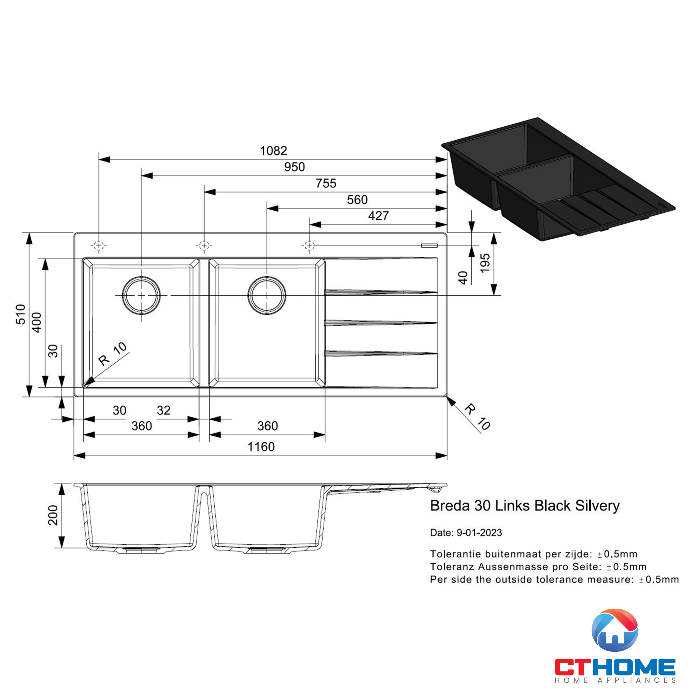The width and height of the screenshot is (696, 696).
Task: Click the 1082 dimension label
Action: click(x=274, y=151)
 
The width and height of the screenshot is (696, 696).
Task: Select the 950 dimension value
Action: click(x=294, y=167)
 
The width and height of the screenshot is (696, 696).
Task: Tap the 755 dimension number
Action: click(x=326, y=183)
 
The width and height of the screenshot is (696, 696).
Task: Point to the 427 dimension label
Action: click(x=378, y=216)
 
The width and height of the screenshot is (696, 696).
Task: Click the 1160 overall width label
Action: click(x=261, y=447)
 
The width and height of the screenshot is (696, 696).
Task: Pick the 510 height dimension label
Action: click(x=21, y=314)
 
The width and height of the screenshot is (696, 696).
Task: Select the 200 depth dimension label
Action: click(x=53, y=515)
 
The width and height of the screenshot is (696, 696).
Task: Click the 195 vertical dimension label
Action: click(x=485, y=263)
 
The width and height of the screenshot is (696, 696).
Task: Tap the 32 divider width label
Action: click(x=163, y=410)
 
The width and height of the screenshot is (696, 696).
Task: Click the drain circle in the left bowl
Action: click(x=141, y=295)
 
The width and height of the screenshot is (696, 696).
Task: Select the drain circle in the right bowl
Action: click(x=267, y=295)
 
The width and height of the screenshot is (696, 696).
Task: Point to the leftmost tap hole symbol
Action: click(x=99, y=246)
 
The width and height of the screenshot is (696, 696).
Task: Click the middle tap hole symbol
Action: click(x=204, y=246)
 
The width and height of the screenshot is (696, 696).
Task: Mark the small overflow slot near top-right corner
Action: click(x=429, y=245)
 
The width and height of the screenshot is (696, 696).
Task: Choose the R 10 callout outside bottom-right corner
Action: click(x=477, y=417)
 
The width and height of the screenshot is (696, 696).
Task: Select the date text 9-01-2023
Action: click(x=479, y=532)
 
